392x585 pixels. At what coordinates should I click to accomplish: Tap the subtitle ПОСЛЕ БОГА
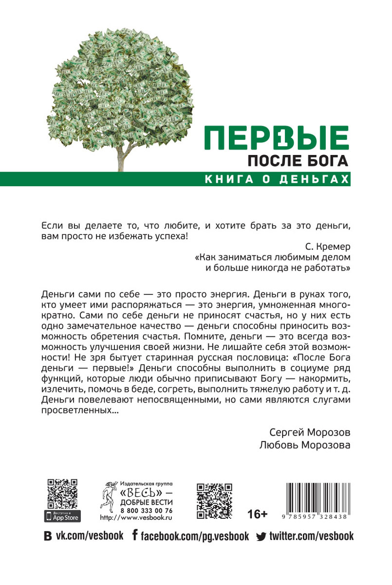tap(299, 161)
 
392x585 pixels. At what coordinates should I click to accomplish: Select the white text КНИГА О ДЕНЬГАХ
tap(278, 179)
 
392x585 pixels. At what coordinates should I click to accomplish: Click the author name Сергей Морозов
tap(309, 432)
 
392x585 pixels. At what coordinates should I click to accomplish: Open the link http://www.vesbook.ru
tap(136, 517)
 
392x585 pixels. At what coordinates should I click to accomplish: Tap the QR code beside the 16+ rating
tap(214, 501)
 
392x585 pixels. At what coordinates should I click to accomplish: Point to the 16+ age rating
tap(258, 514)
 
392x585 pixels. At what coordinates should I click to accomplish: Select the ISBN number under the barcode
tap(319, 518)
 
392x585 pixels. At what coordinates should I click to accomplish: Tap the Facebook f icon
tap(135, 536)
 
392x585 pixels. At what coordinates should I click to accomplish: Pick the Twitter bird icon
tap(261, 537)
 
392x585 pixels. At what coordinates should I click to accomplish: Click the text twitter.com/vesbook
tap(311, 536)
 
